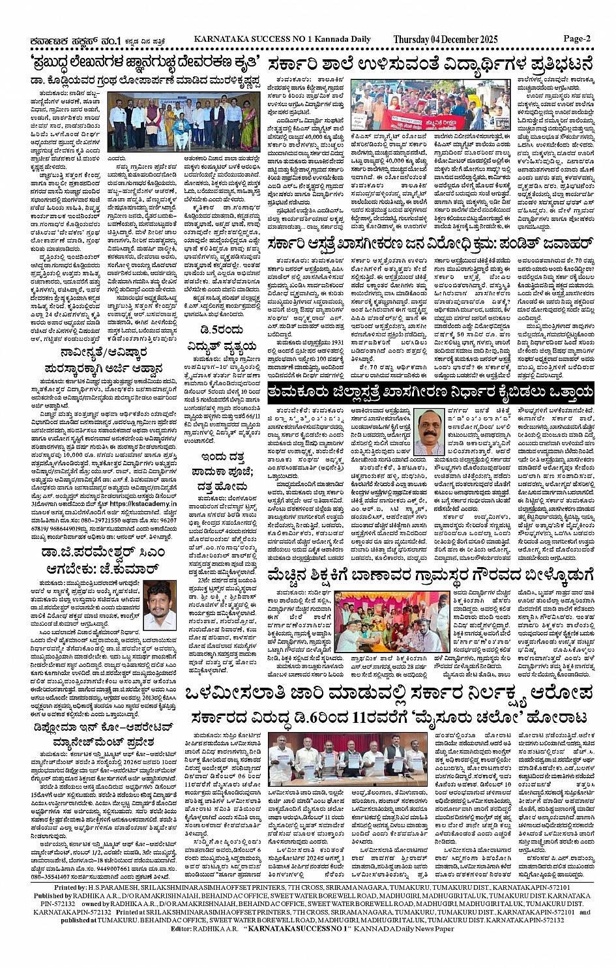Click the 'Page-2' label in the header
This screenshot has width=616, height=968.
pyautogui.click(x=577, y=38)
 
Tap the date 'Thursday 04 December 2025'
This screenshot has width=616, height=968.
pyautogui.click(x=445, y=40)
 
